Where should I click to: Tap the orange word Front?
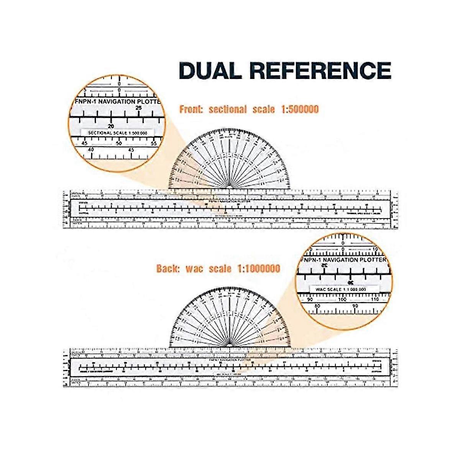(x=191, y=109)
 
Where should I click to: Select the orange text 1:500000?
(x=299, y=109)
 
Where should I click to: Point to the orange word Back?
(x=168, y=268)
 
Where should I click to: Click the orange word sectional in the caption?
(x=228, y=109)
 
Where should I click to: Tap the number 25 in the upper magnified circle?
(x=139, y=108)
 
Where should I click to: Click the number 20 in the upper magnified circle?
(x=111, y=126)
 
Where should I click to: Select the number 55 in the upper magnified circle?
(x=154, y=143)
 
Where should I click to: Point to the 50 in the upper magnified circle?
(x=119, y=143)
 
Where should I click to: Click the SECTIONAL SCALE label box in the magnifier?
(x=117, y=133)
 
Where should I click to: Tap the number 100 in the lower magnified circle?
(x=342, y=299)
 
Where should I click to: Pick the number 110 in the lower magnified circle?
(x=375, y=299)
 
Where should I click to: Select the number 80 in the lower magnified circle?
(x=317, y=306)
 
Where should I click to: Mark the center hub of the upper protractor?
(x=230, y=187)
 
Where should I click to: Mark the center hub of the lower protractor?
(x=230, y=345)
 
